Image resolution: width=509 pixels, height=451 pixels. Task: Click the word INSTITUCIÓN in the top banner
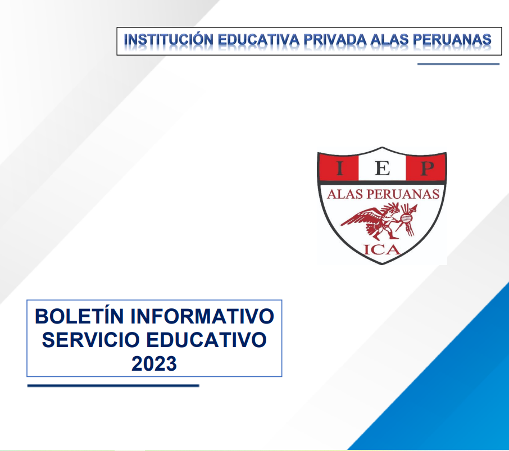[x=169, y=39]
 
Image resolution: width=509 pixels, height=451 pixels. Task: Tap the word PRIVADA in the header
[x=335, y=39]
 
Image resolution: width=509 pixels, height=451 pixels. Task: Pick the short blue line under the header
[x=458, y=64]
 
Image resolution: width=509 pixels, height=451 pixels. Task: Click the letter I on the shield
[x=339, y=168]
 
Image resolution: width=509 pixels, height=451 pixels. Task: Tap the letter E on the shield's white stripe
[x=383, y=168]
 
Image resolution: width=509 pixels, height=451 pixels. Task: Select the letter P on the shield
[x=427, y=168]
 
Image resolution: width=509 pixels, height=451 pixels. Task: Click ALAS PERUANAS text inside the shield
[x=383, y=194]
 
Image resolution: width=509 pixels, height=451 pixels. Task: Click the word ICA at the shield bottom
[x=382, y=250]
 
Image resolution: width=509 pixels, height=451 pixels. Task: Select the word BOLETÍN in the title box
[x=79, y=316]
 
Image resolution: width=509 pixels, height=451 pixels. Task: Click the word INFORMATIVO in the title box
[x=202, y=316]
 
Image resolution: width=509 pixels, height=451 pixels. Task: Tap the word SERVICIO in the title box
[x=90, y=340]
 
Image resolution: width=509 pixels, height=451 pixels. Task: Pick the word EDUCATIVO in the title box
[x=206, y=340]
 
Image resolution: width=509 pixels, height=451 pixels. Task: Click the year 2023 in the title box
[x=154, y=364]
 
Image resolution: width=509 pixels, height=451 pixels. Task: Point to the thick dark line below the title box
[x=113, y=386]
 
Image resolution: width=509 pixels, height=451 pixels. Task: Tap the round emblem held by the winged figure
[x=406, y=220]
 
